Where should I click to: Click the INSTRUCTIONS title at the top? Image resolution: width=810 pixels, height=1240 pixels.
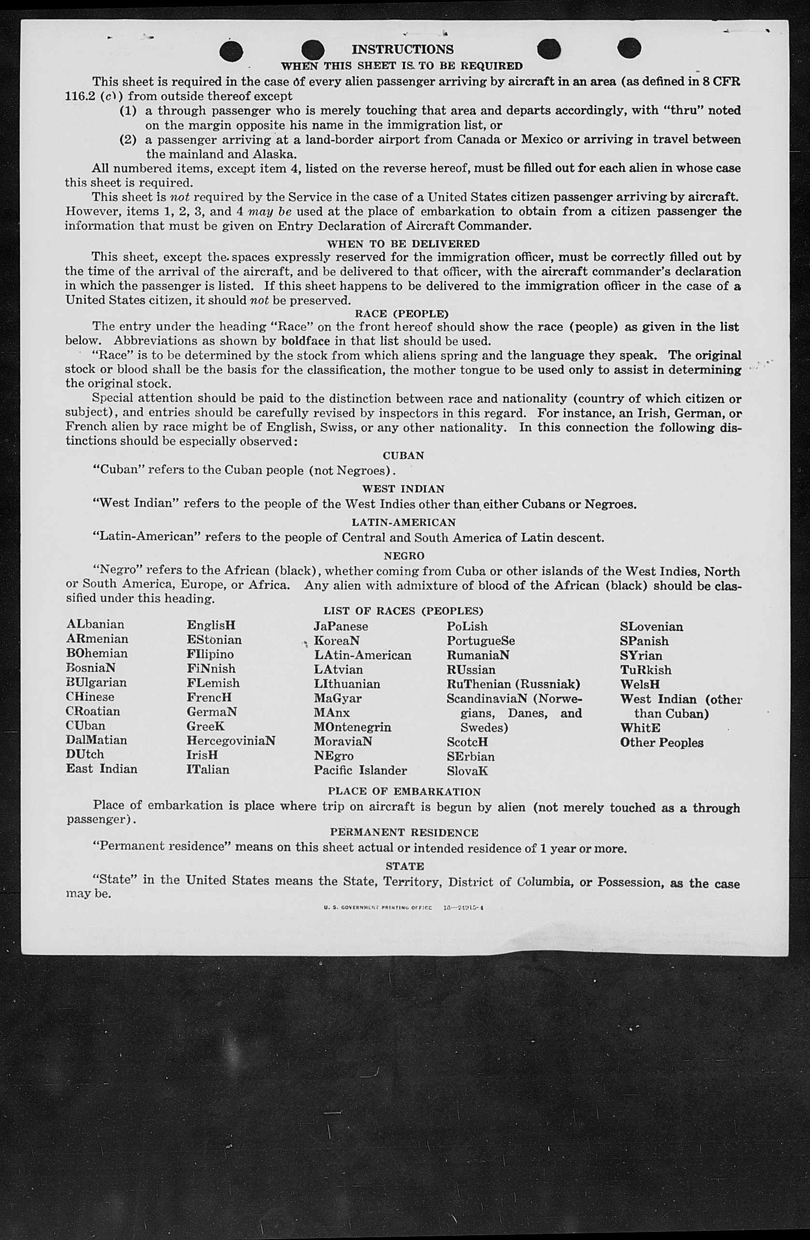point(402,49)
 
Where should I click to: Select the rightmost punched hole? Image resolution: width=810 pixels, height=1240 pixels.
point(629,48)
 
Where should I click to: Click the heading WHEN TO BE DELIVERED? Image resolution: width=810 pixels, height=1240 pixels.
point(403,244)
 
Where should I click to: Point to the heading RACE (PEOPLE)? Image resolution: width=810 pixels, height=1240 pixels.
point(401,314)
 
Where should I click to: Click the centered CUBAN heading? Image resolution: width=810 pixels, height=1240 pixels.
point(403,455)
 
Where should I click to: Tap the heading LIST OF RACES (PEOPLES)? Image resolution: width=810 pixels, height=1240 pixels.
point(403,611)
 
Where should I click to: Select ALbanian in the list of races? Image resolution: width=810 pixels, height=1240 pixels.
point(95,624)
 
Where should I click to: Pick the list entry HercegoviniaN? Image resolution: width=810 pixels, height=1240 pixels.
point(231,740)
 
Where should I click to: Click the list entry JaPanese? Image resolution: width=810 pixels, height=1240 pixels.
point(341,626)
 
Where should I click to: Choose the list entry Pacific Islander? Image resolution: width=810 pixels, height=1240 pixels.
point(360,770)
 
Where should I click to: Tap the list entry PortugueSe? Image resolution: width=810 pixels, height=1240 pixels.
point(481,641)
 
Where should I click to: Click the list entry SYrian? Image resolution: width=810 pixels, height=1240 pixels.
point(641,656)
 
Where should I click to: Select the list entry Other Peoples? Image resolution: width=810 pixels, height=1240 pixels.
point(662,743)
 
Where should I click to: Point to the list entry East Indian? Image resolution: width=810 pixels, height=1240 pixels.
point(102,769)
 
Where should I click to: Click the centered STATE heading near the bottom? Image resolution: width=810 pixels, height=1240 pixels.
point(404,866)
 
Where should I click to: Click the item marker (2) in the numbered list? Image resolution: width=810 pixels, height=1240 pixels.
point(128,140)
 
